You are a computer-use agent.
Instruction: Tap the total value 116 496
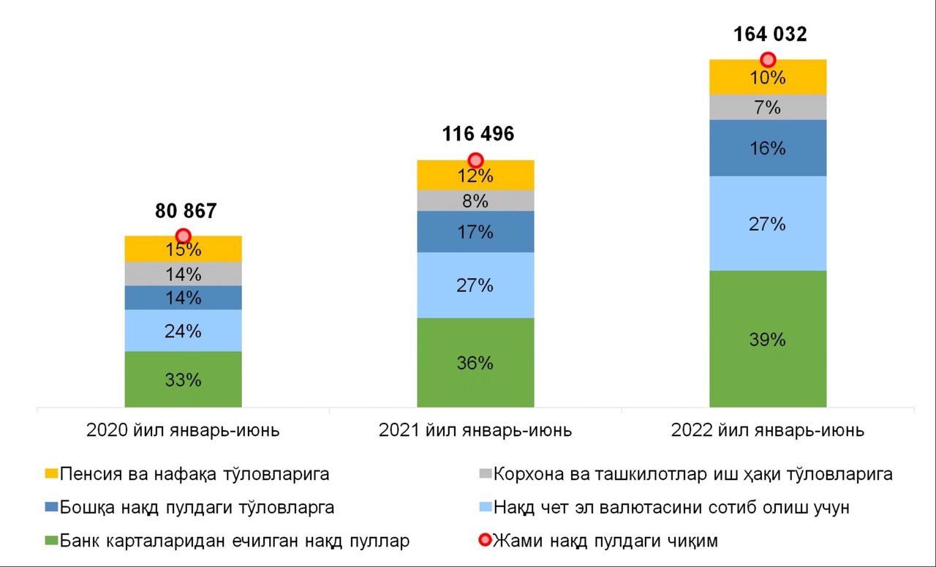pos(478,134)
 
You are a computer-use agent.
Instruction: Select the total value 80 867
pos(186,211)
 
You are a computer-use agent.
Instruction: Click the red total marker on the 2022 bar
pos(768,60)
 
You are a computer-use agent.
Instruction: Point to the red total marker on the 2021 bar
pos(475,160)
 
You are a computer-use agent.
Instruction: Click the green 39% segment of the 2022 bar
pos(768,339)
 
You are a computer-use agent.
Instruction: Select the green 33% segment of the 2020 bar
pos(183,380)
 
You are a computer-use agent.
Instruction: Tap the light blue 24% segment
pos(183,331)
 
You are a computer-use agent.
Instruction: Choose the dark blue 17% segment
pos(475,232)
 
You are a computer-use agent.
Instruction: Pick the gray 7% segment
pos(768,108)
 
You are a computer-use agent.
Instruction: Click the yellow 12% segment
pos(475,176)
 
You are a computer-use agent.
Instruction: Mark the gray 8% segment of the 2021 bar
pos(475,200)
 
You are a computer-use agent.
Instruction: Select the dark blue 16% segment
pos(768,149)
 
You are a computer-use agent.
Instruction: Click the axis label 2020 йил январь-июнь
pos(183,430)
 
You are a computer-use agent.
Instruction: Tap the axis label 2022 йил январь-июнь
pos(768,430)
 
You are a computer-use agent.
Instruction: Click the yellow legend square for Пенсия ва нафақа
pos(50,474)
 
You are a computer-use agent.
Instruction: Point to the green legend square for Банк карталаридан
pos(50,541)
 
